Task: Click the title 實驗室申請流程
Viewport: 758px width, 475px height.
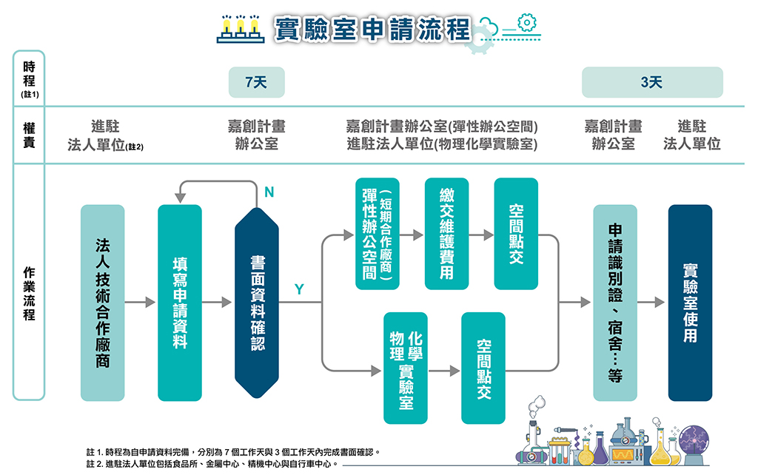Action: [372, 29]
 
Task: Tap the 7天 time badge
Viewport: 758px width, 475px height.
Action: [256, 82]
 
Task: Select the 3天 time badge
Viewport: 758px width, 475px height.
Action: [651, 82]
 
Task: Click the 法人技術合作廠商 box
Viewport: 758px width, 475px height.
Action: [103, 303]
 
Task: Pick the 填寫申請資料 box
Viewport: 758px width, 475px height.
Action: [180, 303]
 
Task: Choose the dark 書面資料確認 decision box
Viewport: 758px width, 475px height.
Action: [257, 303]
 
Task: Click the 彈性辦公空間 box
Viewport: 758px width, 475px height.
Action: [377, 234]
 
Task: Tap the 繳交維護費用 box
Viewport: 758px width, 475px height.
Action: [446, 234]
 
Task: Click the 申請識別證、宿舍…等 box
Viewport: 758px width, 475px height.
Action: [615, 303]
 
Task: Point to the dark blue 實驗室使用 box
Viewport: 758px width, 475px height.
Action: [690, 303]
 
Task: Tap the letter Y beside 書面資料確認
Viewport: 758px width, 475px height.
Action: [299, 289]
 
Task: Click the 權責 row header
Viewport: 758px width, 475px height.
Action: [29, 135]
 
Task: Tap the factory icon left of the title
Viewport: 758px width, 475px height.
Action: [241, 28]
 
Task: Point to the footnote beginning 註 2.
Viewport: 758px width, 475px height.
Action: [211, 464]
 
